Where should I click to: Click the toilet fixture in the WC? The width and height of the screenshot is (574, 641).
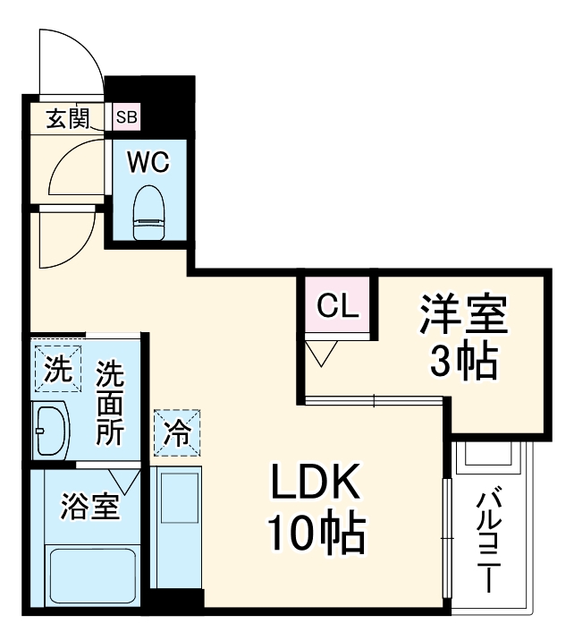(x=148, y=214)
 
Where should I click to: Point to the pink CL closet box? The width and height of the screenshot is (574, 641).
(x=339, y=307)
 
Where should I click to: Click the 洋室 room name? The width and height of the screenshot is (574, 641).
(x=463, y=316)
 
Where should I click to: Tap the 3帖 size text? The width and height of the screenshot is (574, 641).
(x=463, y=361)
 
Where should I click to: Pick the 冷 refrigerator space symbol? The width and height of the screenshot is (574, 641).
(x=177, y=433)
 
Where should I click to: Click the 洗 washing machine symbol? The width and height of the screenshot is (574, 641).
(x=57, y=368)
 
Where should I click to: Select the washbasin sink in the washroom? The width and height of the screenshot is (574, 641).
(x=49, y=430)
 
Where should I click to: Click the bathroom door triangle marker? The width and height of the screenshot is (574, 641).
(x=124, y=481)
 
